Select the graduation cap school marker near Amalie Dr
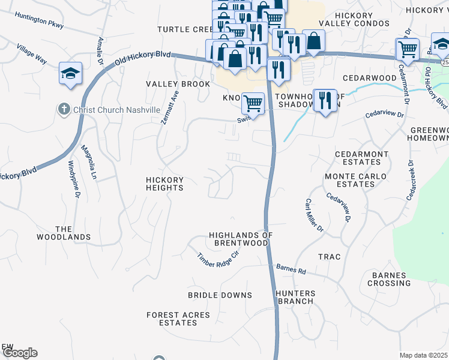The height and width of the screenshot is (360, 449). (70, 74)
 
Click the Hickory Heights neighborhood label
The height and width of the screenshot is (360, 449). (165, 184)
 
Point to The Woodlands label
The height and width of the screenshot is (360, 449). (73, 233)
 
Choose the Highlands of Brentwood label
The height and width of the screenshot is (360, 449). (238, 239)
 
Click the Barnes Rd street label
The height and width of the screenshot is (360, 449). (291, 269)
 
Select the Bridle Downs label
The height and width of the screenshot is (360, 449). (220, 295)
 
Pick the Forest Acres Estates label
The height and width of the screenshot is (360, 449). (178, 319)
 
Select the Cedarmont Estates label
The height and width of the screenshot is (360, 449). (362, 158)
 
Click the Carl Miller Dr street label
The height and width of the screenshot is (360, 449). (314, 215)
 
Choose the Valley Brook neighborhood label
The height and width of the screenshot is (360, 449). (178, 84)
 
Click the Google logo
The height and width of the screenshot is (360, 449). (20, 353)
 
